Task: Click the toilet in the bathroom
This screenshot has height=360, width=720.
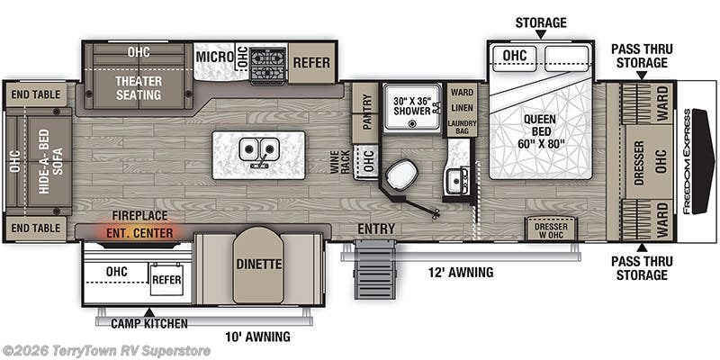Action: (401, 174)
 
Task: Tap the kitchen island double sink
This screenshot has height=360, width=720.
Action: (258, 150)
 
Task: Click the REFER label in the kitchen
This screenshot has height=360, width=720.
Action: (311, 62)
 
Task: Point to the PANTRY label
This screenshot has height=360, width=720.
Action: (366, 112)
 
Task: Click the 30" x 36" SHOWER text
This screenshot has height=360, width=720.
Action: (412, 105)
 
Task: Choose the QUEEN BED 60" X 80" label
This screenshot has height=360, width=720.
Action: (541, 131)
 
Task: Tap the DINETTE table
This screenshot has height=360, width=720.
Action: (258, 265)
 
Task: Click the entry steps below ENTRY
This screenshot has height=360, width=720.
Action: (375, 269)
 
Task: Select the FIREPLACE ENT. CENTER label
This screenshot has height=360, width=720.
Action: (139, 224)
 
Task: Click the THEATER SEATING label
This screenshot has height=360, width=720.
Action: (139, 87)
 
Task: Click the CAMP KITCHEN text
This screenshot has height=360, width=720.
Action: (149, 323)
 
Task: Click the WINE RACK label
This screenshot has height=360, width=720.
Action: (341, 162)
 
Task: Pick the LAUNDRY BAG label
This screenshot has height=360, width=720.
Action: (462, 127)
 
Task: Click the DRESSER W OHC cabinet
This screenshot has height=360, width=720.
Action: (551, 229)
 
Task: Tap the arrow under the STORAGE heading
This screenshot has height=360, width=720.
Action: (541, 34)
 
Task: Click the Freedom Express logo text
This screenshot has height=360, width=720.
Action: (686, 162)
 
